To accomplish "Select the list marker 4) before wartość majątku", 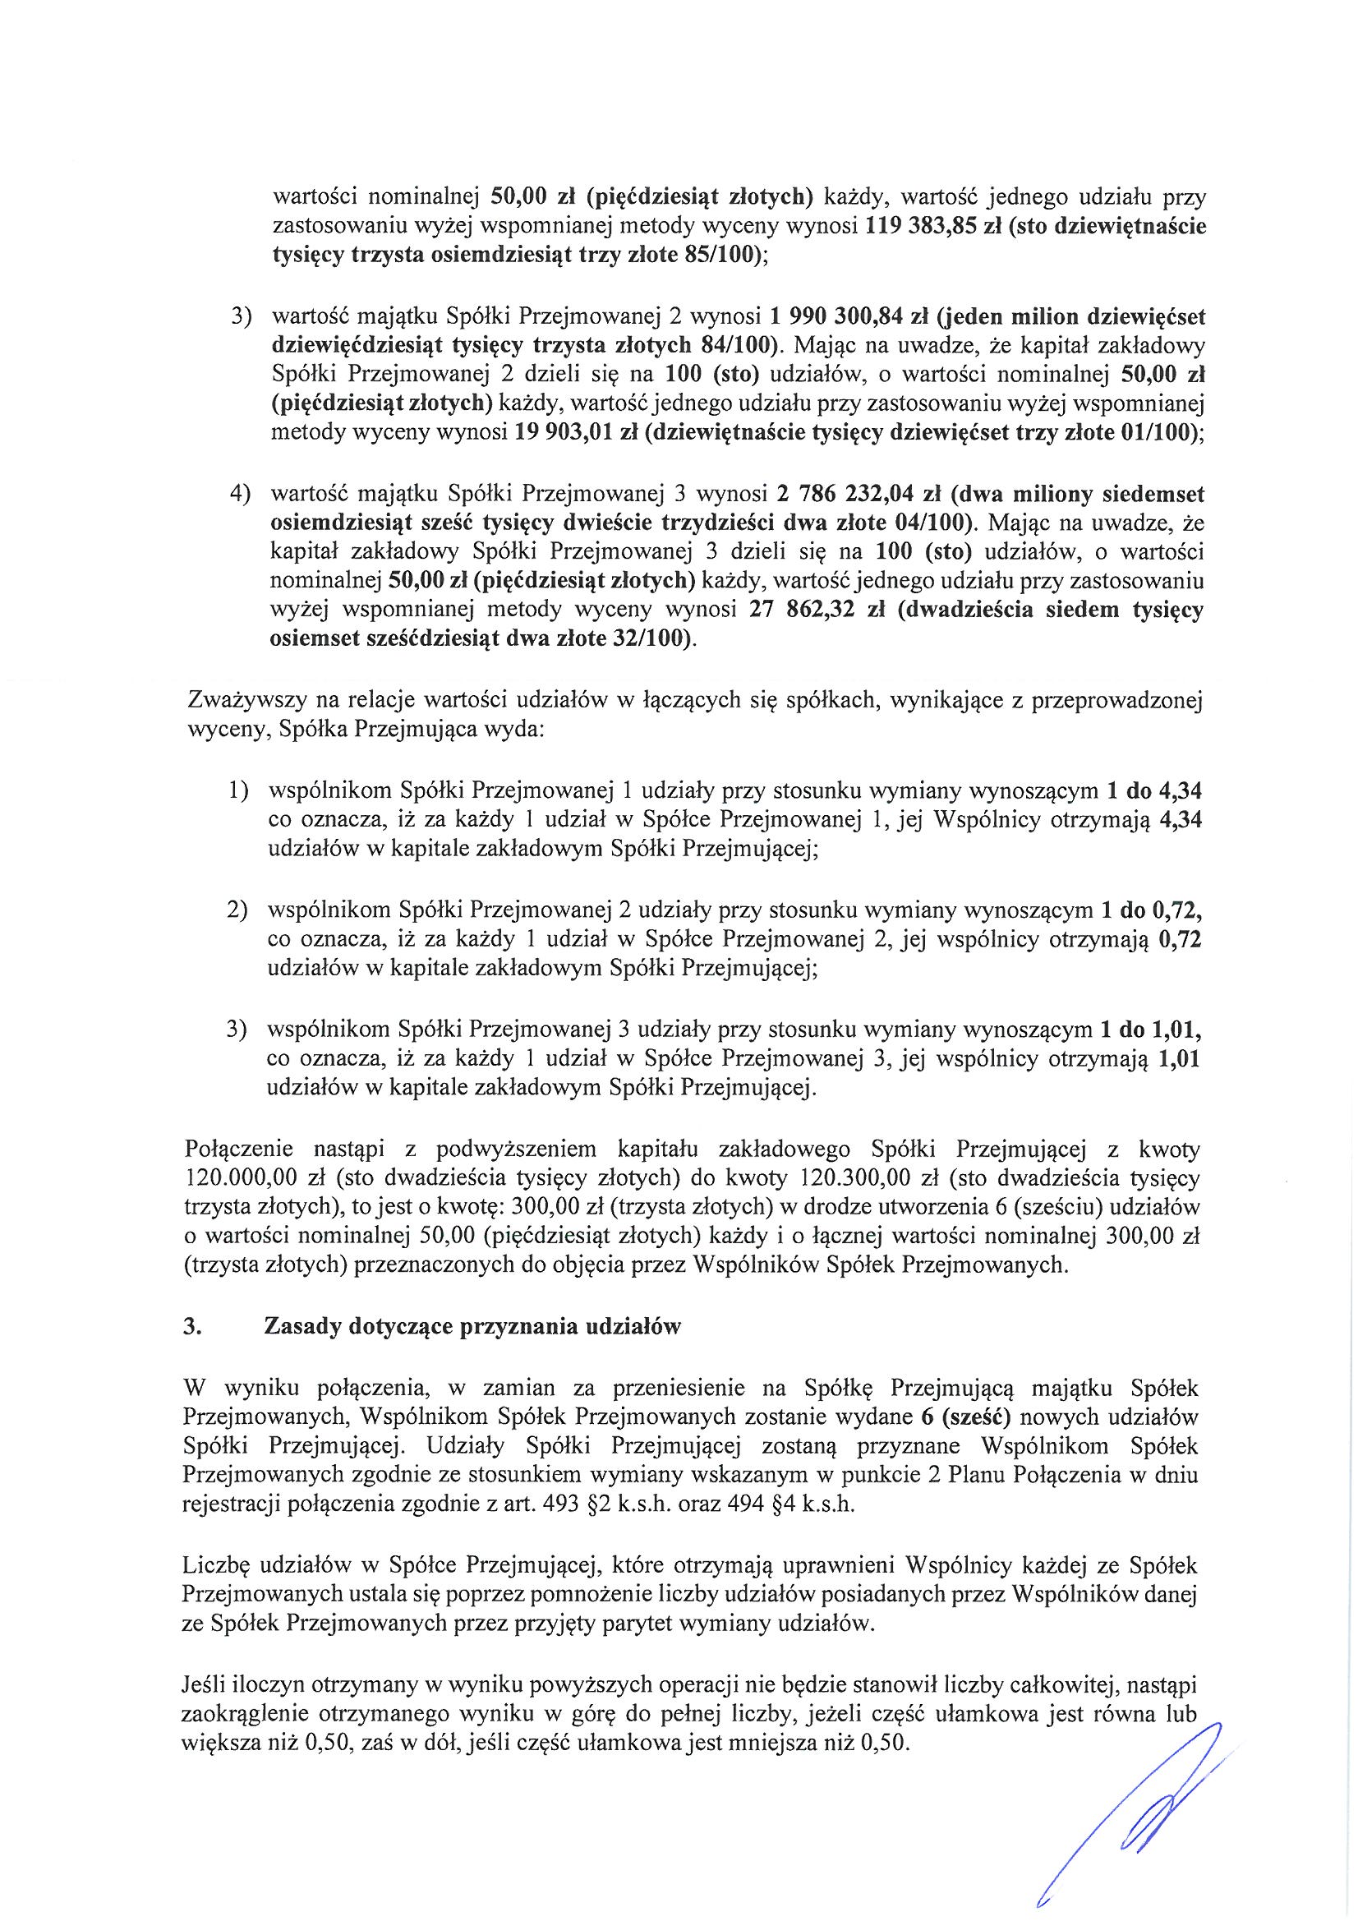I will tap(242, 495).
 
